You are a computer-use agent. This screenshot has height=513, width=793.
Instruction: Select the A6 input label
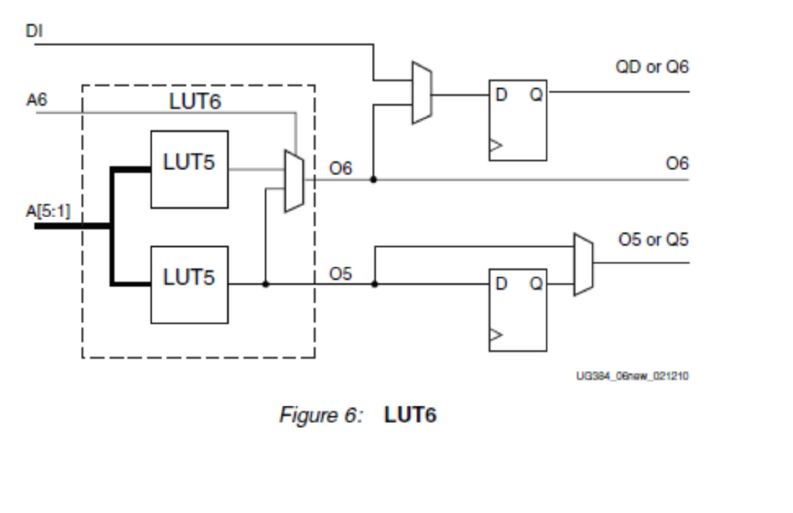[x=36, y=102]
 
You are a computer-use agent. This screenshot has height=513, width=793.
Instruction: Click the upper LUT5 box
[x=189, y=169]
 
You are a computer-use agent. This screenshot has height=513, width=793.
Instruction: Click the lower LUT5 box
[x=189, y=284]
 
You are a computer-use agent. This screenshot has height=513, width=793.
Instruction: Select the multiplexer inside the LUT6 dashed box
[x=294, y=181]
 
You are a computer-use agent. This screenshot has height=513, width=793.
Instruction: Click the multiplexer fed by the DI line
[x=421, y=92]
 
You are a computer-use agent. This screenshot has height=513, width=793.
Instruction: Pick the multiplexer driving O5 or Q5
[x=583, y=263]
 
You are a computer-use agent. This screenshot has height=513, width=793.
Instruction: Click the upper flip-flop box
[x=518, y=120]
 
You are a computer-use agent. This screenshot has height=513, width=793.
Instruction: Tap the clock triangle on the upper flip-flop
[x=496, y=144]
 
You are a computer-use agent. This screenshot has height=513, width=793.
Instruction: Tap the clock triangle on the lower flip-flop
[x=496, y=337]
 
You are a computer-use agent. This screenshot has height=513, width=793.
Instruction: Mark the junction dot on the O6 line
[x=373, y=179]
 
